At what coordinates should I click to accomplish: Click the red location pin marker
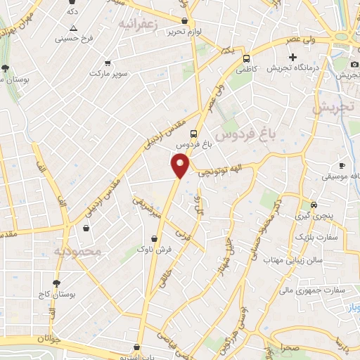click(x=181, y=166)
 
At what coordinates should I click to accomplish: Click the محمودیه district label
click(x=77, y=250)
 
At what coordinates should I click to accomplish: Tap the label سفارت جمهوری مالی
click(x=314, y=289)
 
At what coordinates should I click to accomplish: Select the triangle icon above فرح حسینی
click(x=73, y=28)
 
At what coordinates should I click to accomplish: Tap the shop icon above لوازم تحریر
click(x=184, y=22)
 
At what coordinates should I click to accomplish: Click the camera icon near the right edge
click(x=354, y=65)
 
